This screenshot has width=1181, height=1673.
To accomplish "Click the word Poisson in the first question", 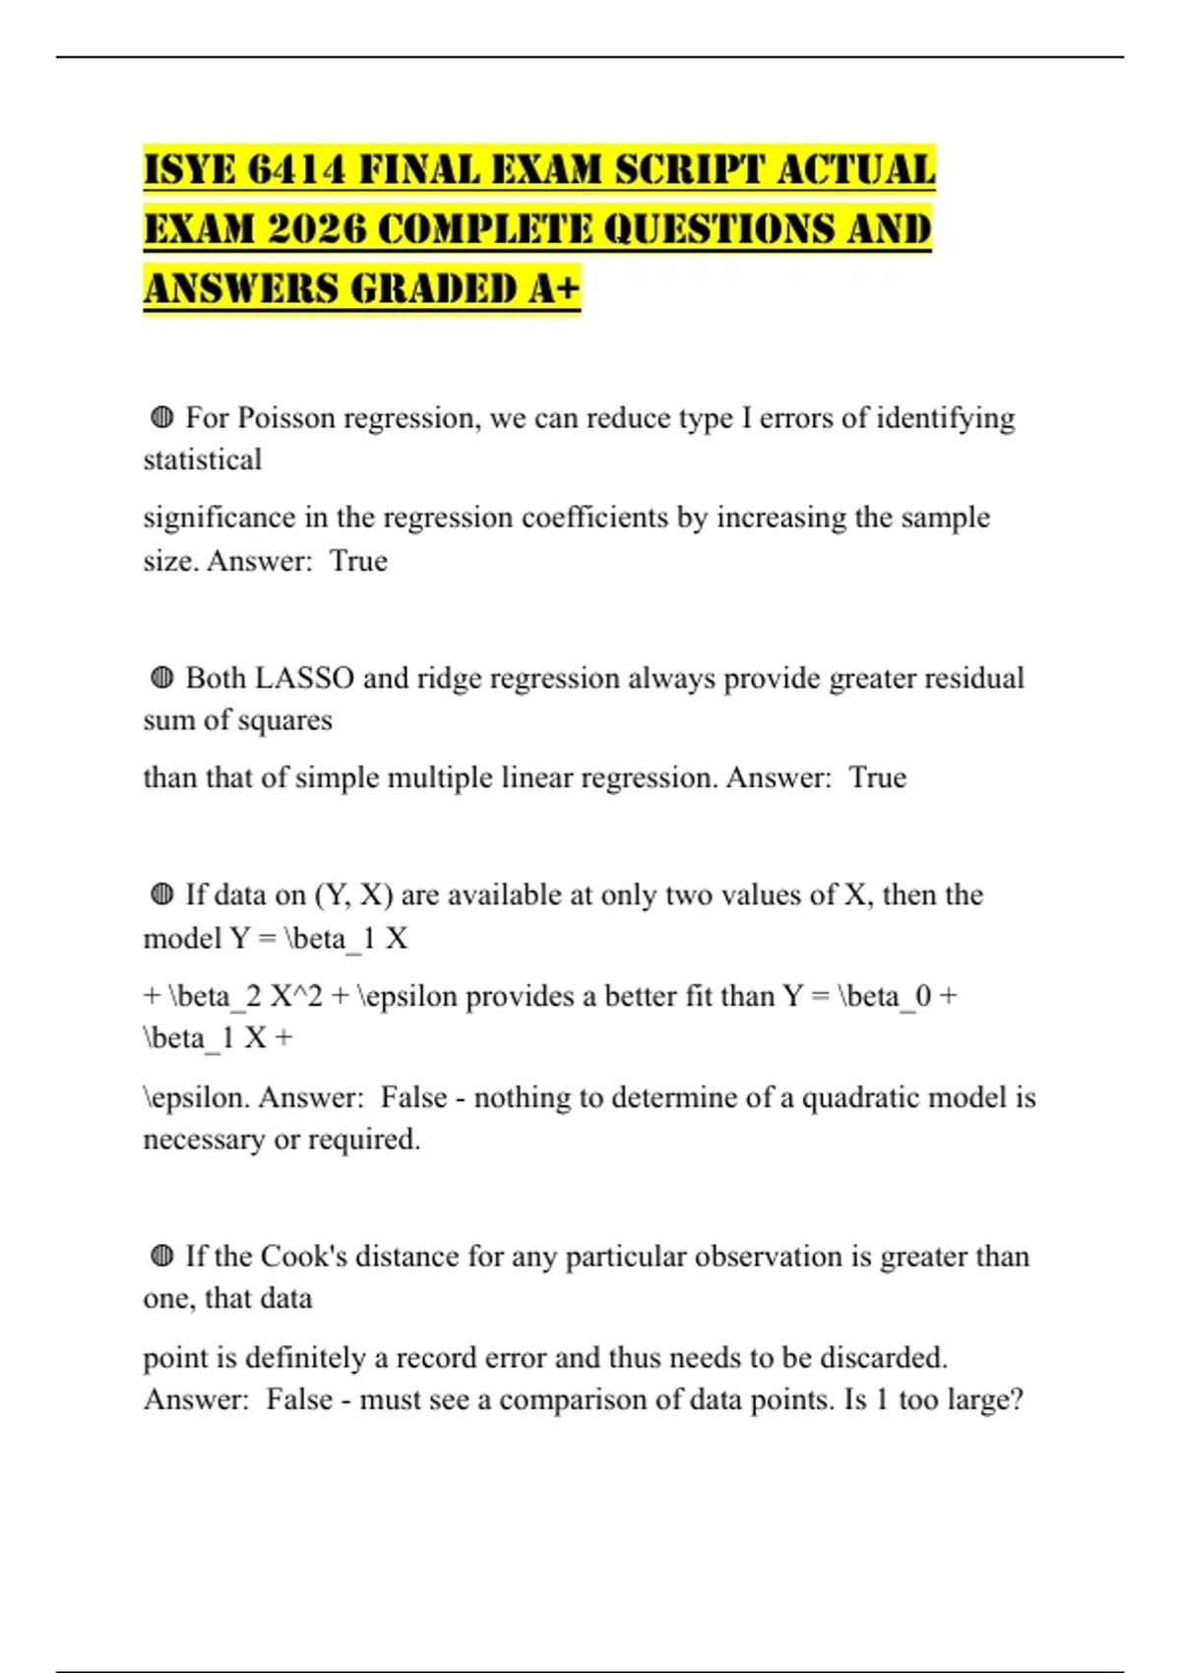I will [286, 418].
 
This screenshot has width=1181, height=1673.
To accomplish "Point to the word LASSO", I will [304, 678].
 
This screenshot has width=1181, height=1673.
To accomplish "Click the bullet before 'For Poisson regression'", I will [162, 418].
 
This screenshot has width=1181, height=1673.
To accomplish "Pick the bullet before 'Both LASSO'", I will [162, 678].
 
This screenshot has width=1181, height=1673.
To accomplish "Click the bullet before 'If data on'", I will [162, 895].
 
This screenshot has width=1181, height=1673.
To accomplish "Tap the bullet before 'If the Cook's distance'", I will [162, 1257].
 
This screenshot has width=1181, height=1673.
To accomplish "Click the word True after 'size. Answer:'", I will [358, 561].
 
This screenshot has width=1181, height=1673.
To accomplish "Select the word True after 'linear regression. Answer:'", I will [877, 777].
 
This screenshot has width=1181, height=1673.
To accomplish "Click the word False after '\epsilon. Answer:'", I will [413, 1097].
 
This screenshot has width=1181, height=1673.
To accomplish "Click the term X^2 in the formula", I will [296, 996].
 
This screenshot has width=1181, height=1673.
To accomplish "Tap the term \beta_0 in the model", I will [884, 996].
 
